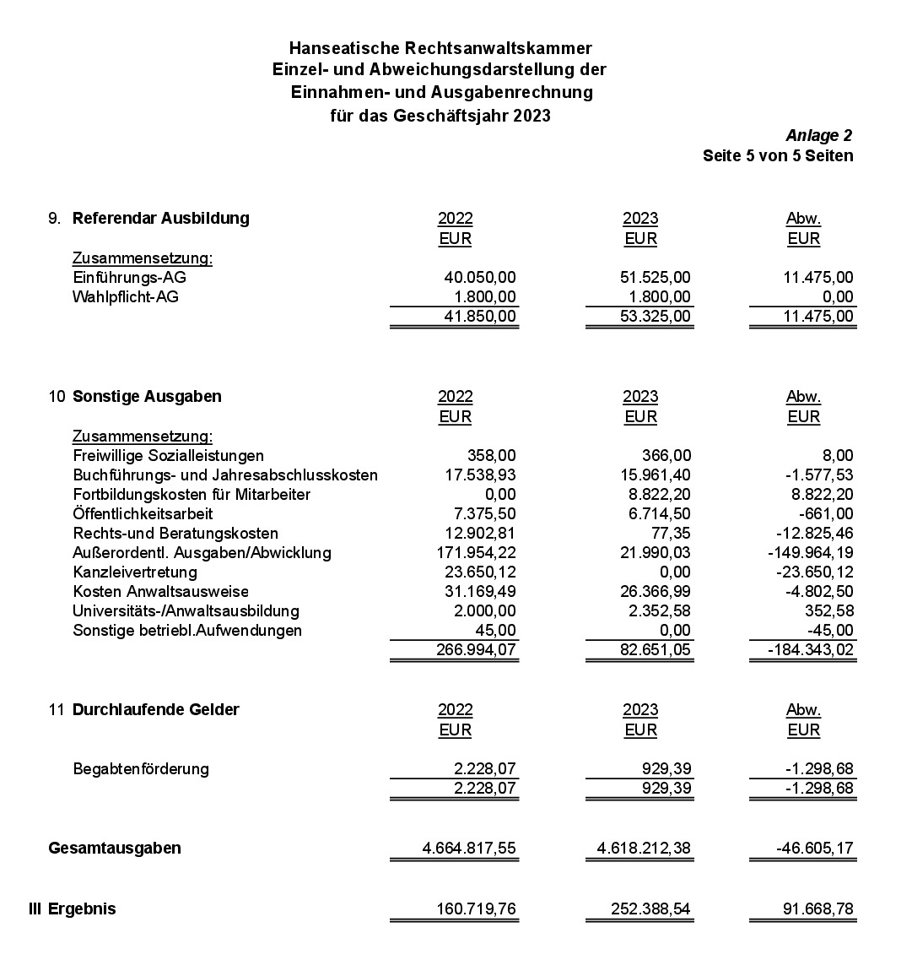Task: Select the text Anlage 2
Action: tap(818, 135)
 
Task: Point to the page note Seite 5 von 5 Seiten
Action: tap(777, 155)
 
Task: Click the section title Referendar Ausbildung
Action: tap(160, 218)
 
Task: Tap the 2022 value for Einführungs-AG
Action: tap(479, 277)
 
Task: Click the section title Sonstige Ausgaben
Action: tap(147, 396)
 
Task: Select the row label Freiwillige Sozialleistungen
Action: tap(168, 455)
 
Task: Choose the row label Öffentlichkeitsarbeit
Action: tap(143, 513)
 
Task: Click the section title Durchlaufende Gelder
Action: tap(155, 709)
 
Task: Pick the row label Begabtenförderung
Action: tap(141, 768)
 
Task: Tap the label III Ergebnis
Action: tap(73, 908)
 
